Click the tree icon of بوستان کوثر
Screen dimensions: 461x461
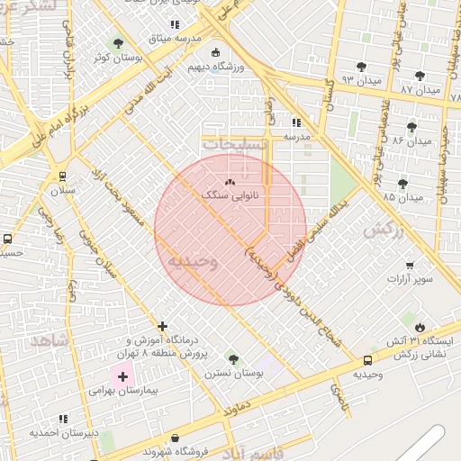pyautogui.click(x=118, y=42)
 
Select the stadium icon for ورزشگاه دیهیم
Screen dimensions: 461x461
pyautogui.click(x=214, y=52)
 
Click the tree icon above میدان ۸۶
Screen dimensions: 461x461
pyautogui.click(x=411, y=127)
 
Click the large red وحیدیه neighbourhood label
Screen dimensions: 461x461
pyautogui.click(x=192, y=261)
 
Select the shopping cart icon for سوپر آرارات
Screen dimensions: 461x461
pyautogui.click(x=411, y=265)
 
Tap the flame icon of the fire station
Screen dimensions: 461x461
pyautogui.click(x=420, y=325)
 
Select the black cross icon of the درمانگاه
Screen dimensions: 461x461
pyautogui.click(x=162, y=325)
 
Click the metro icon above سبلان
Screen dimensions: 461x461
pyautogui.click(x=62, y=176)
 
